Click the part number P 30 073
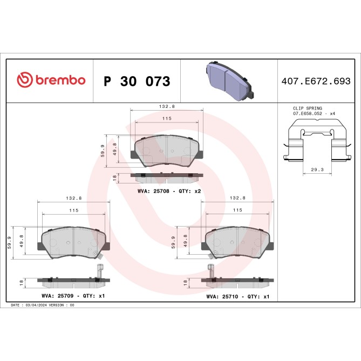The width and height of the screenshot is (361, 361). (x=137, y=81)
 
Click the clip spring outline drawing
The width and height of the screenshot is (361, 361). (x=314, y=141)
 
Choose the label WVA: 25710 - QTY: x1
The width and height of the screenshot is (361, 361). (x=238, y=296)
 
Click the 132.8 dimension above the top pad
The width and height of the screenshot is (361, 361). (x=166, y=107)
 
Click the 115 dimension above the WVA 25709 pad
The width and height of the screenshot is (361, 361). (x=73, y=210)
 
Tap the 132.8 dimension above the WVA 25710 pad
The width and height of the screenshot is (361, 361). (x=237, y=199)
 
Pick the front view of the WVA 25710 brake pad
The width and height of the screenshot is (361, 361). (x=237, y=240)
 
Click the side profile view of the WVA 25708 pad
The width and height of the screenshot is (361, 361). (x=167, y=175)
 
